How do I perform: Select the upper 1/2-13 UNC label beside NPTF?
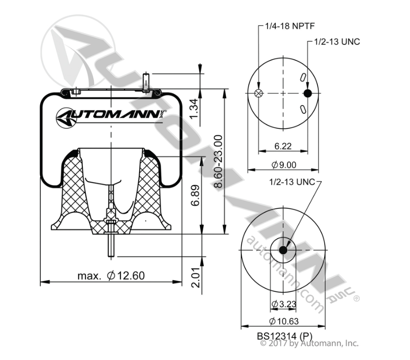[336, 41]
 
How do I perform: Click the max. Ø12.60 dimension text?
[111, 276]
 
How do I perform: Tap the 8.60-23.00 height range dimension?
[219, 161]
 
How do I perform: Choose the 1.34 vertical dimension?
[194, 108]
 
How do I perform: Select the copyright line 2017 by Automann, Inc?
[309, 343]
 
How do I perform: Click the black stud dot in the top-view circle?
[307, 94]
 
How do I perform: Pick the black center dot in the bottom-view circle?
[283, 251]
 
